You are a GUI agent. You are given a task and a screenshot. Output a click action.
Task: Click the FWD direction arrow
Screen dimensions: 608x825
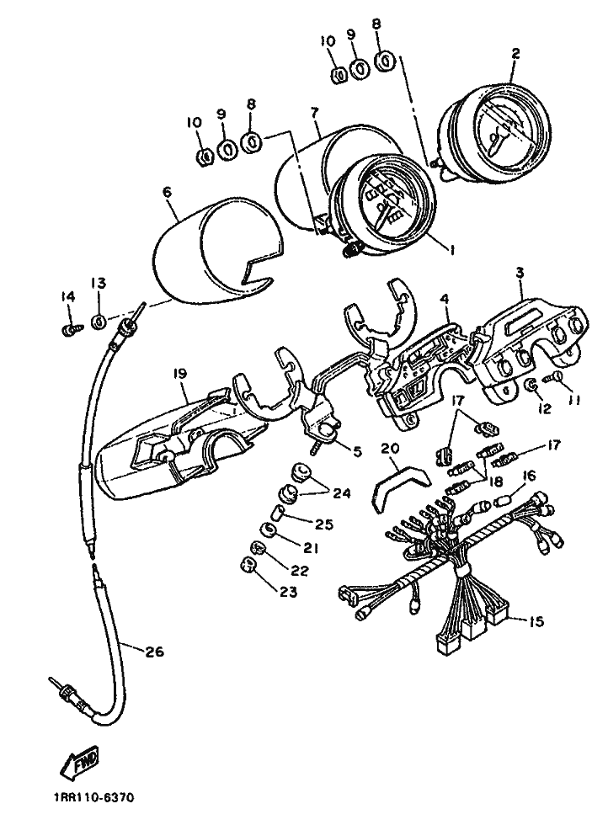(x=80, y=763)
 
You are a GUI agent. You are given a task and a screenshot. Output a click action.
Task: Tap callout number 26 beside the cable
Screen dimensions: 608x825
(x=154, y=652)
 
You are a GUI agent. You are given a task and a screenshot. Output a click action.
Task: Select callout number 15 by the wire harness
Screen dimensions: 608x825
(x=536, y=622)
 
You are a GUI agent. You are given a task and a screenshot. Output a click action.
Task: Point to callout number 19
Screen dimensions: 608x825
(x=179, y=374)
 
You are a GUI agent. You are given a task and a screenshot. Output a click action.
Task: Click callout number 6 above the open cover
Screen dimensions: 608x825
(x=167, y=192)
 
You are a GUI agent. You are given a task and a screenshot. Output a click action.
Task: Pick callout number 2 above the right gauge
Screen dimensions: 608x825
(x=515, y=52)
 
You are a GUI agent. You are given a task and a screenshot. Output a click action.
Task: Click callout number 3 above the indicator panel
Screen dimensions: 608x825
(x=520, y=273)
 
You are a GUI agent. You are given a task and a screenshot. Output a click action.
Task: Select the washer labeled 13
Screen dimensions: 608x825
(x=99, y=322)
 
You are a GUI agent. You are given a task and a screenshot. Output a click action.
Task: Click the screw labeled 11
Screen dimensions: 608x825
(x=554, y=377)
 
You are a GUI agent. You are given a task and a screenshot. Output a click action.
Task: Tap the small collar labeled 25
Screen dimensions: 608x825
(x=278, y=510)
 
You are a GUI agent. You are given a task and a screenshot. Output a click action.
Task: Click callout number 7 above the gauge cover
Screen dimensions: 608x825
(x=315, y=112)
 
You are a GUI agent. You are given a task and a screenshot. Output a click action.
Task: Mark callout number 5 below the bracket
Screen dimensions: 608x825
(x=357, y=451)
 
